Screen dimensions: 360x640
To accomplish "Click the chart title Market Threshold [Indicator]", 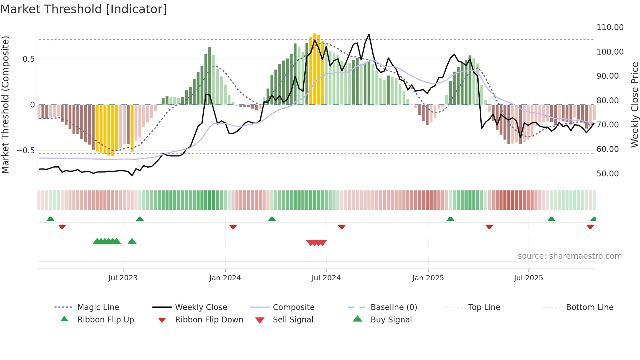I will coord(84,9).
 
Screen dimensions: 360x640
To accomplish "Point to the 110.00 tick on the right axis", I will coord(610,27).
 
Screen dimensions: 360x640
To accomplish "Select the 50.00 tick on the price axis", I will coord(607,174).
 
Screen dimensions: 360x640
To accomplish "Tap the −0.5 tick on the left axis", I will coord(25,151).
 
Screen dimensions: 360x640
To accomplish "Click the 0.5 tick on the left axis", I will coord(28,59).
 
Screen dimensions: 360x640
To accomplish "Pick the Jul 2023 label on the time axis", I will coord(123,278).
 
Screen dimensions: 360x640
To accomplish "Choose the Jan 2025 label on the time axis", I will coord(428,278).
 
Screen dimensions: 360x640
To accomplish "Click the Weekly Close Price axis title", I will coord(634,105).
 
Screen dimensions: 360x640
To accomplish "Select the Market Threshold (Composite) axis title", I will coord(5,105).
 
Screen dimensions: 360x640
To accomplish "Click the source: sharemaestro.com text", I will coord(569,256).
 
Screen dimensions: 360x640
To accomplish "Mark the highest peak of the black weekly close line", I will coord(369,34).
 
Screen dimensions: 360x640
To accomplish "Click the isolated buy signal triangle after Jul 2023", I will coord(132,241).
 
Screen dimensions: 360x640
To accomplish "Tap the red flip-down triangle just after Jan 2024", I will coord(233,227).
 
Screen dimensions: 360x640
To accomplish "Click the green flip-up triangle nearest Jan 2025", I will coord(450,219).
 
